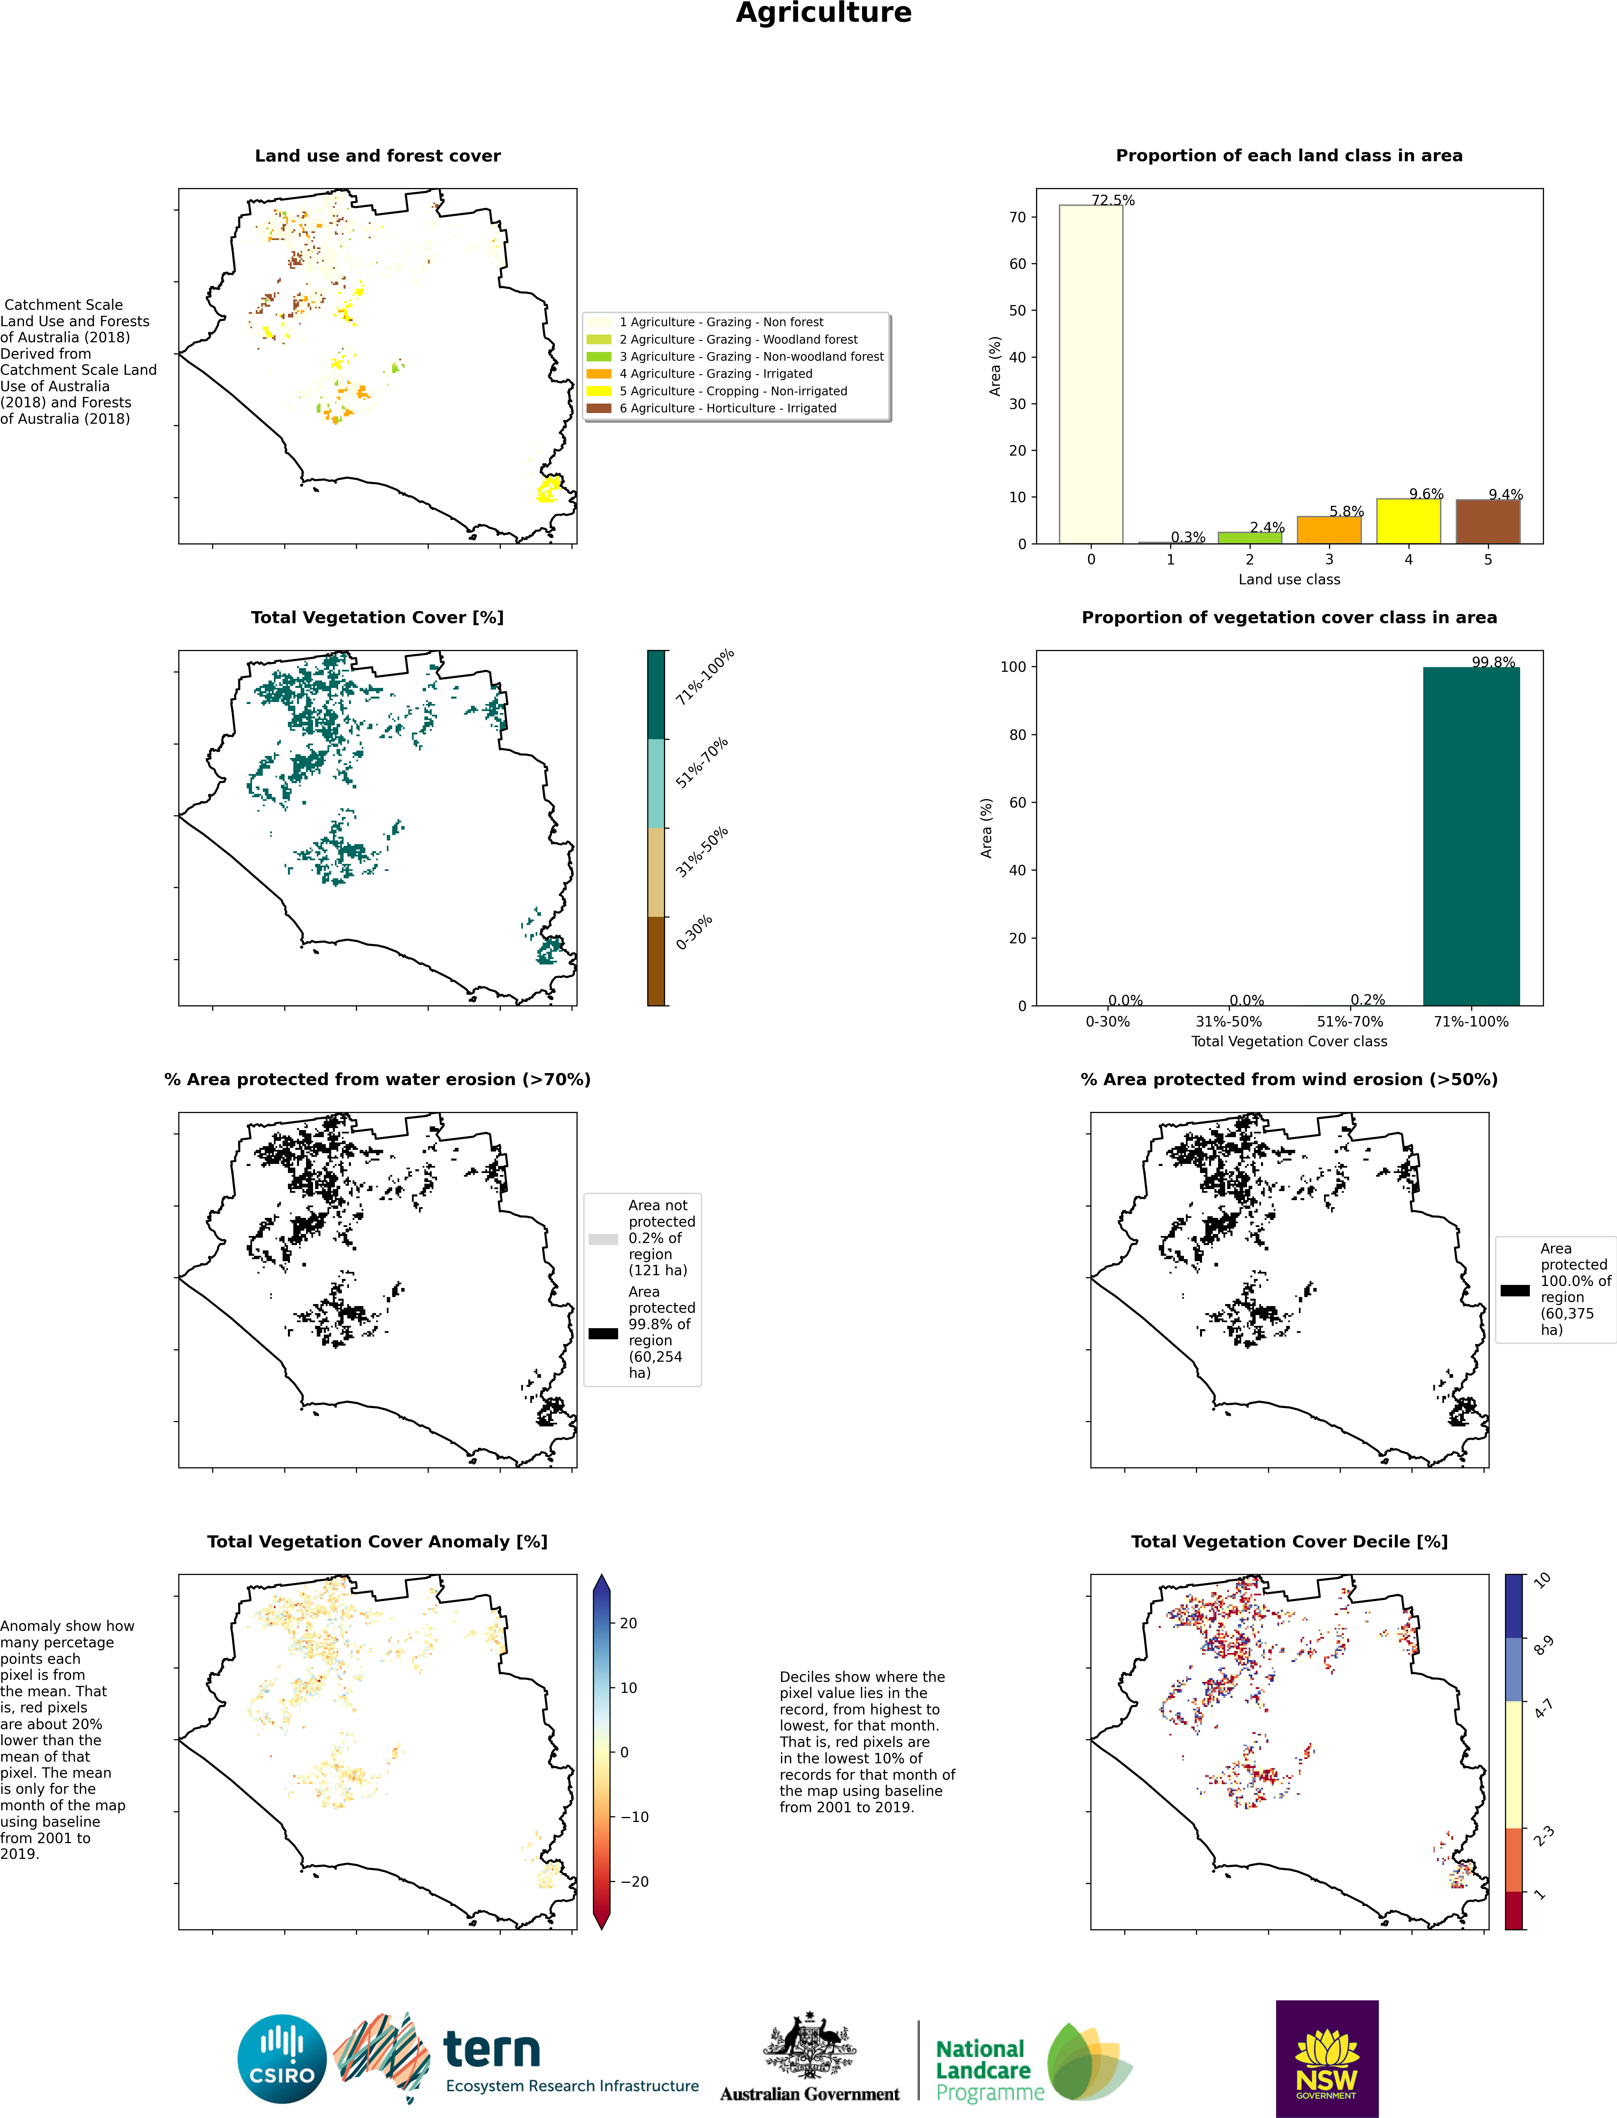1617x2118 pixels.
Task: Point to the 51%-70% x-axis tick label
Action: point(1350,1021)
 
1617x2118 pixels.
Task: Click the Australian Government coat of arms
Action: point(810,2046)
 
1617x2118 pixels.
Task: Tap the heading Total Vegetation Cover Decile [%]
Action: point(1289,1541)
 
